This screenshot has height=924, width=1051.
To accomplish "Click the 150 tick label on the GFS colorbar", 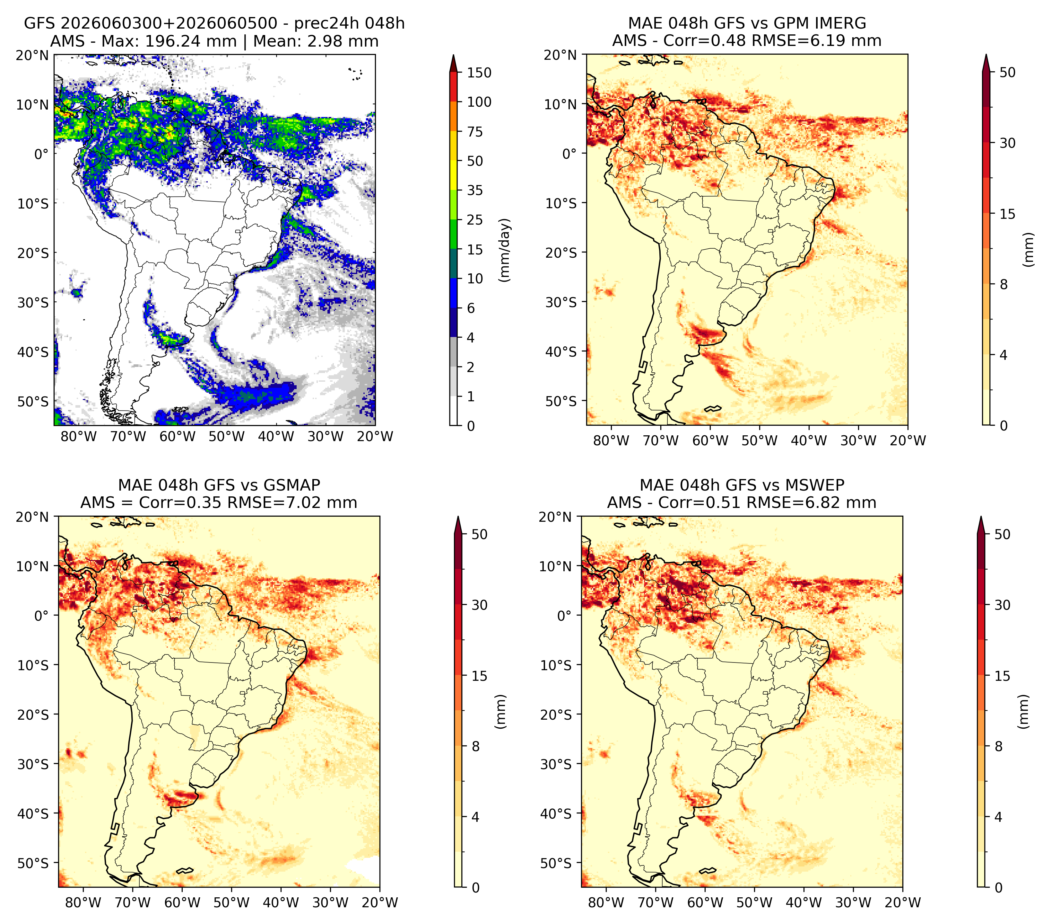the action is tap(479, 73).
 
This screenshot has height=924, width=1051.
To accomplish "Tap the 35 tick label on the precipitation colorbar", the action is tap(474, 190).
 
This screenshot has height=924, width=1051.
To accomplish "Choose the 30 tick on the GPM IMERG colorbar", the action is tap(1007, 143).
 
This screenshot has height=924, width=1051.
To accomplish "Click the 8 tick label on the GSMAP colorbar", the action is tap(476, 746).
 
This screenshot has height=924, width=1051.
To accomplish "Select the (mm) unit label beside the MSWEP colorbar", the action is tap(1023, 712).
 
